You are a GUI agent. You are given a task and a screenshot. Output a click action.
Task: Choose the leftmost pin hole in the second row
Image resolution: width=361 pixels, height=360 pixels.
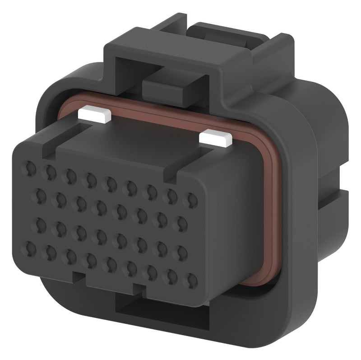click(x=40, y=195)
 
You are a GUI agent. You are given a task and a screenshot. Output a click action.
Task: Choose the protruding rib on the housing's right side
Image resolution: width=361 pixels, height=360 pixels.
click(x=336, y=199)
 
